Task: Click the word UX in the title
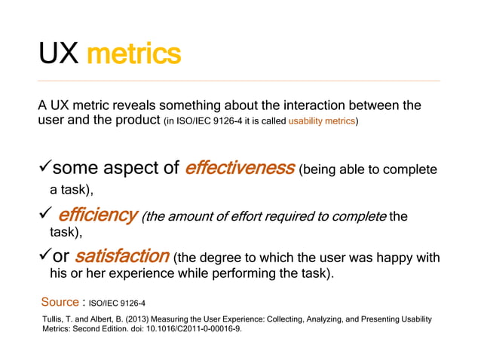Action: pos(59,53)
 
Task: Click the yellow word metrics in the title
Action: pos(133,53)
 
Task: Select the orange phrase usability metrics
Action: pos(322,121)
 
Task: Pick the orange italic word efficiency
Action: pos(97,216)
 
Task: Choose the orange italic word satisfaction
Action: pos(122,258)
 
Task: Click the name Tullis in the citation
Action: pos(54,320)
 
